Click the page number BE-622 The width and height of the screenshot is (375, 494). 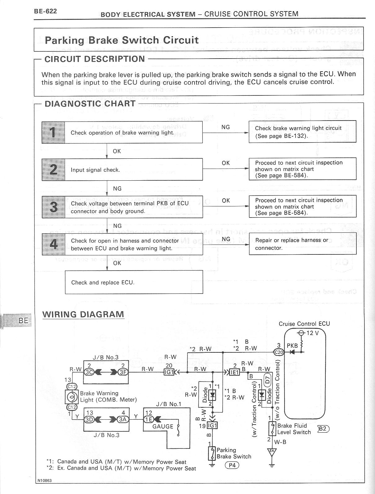coord(46,11)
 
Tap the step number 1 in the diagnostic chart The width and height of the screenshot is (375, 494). coord(53,132)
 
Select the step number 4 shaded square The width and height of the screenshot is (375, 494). coord(54,244)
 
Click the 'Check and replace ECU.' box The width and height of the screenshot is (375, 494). coord(134,282)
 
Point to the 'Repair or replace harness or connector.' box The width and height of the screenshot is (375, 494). coord(302,244)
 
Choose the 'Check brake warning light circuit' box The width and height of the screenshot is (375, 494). coord(302,132)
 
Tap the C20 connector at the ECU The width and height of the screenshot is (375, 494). coord(278,352)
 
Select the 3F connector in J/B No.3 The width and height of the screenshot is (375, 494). coord(123,372)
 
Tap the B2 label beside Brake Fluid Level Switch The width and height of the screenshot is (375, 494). coord(323,429)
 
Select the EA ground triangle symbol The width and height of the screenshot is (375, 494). coord(272,452)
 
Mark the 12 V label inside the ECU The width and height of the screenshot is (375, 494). coord(312,333)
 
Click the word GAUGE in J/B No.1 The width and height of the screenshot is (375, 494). coord(163,426)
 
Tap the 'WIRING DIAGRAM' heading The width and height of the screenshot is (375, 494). coord(83,314)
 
